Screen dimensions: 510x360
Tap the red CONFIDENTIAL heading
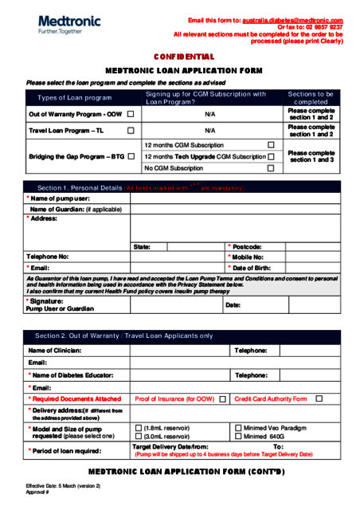[x=184, y=57]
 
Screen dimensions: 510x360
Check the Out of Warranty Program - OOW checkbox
[x=131, y=115]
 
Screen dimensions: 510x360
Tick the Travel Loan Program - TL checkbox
[x=131, y=130]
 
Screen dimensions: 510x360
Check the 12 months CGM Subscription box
[x=272, y=145]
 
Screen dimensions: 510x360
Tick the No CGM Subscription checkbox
[x=272, y=168]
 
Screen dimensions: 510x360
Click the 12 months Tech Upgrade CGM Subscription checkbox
[x=272, y=157]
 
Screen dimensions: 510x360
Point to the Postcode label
[x=247, y=247]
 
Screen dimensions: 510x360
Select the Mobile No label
[x=248, y=257]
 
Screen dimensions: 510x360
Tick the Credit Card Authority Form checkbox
[x=319, y=398]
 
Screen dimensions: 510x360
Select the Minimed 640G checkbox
[x=238, y=437]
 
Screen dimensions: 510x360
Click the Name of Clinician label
[x=55, y=351]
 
